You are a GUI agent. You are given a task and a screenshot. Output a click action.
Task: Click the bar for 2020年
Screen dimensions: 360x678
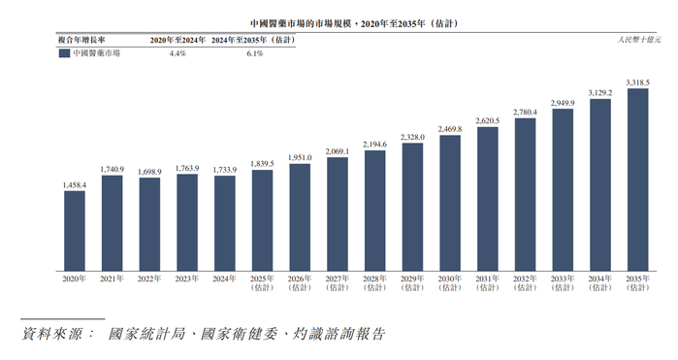coord(75,230)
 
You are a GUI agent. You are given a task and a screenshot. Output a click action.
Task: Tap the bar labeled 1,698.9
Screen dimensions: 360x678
coord(149,223)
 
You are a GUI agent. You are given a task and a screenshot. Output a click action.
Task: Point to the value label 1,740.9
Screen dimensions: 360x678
coord(113,169)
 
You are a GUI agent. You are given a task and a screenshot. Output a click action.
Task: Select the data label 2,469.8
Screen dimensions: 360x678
coord(450,129)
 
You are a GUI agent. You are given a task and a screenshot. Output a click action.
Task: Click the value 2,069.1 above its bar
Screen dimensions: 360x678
coord(338,151)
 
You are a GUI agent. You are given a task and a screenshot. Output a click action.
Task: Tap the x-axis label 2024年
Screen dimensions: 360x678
coord(225,279)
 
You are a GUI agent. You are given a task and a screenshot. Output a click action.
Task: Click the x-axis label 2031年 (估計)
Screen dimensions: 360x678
coord(487,283)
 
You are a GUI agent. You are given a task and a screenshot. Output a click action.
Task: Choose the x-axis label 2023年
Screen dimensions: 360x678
coord(187,279)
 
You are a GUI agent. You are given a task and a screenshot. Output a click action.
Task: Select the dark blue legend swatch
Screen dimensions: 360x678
coord(64,53)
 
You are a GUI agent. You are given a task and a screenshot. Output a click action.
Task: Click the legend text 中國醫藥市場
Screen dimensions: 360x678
coord(97,53)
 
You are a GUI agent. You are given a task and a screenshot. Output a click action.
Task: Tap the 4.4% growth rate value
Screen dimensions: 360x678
coord(178,53)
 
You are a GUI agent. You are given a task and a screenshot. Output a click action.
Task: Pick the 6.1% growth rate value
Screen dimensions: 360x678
coord(251,53)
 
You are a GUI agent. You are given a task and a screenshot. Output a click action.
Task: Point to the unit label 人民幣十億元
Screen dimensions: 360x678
coord(638,40)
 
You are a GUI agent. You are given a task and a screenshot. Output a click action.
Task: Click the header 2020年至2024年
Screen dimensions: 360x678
coord(178,40)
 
